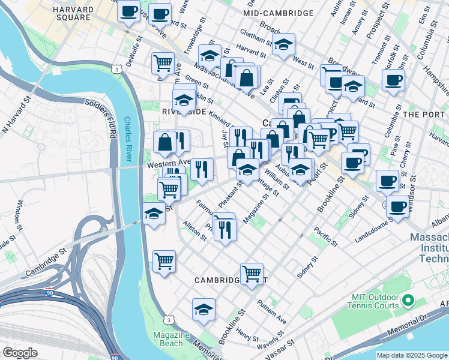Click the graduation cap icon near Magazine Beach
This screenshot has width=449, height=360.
tap(204, 310)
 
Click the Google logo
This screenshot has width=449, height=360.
tap(20, 353)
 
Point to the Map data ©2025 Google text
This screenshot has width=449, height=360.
tap(411, 355)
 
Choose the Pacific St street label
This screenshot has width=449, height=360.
tap(324, 236)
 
